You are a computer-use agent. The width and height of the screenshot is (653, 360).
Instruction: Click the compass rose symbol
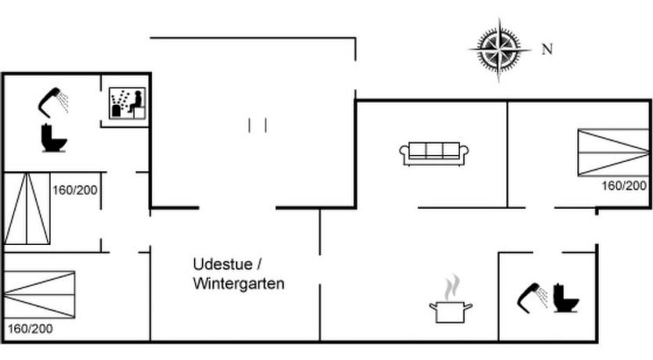click(500, 50)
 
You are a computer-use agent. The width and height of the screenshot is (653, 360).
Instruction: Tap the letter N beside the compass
click(547, 49)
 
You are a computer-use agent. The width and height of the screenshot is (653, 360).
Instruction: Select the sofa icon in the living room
click(434, 153)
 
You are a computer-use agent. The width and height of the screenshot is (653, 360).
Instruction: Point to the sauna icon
click(127, 103)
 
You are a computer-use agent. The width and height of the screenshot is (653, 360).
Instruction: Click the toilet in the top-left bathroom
click(54, 138)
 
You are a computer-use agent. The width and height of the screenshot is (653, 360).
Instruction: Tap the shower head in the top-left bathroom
click(53, 100)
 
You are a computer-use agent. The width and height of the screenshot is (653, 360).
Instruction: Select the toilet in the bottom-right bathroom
click(565, 297)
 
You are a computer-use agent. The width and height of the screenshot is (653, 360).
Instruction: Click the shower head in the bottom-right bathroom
click(532, 297)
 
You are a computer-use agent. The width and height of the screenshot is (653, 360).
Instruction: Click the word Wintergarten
click(239, 283)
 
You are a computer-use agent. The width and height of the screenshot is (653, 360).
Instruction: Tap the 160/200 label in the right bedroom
click(624, 185)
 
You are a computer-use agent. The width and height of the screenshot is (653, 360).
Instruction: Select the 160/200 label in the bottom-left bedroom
click(31, 329)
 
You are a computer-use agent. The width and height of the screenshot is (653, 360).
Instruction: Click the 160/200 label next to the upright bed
click(75, 189)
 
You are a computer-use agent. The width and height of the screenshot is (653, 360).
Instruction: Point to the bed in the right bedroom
click(613, 153)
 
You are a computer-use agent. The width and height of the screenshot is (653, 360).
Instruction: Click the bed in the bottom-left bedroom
click(39, 294)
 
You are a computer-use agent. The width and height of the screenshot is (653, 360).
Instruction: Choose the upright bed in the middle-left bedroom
click(27, 208)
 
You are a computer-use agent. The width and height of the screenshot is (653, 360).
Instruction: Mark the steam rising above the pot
click(451, 287)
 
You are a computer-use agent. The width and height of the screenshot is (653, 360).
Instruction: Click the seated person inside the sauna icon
click(135, 103)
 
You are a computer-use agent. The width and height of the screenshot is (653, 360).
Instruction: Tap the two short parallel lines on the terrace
click(258, 125)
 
